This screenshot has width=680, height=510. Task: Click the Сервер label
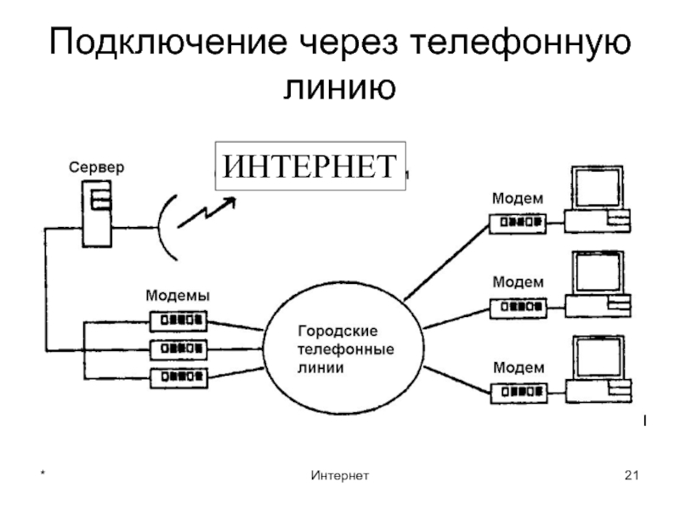click(x=96, y=167)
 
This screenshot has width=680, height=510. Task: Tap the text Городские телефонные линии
click(x=344, y=348)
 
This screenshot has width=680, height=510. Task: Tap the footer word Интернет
click(x=340, y=474)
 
